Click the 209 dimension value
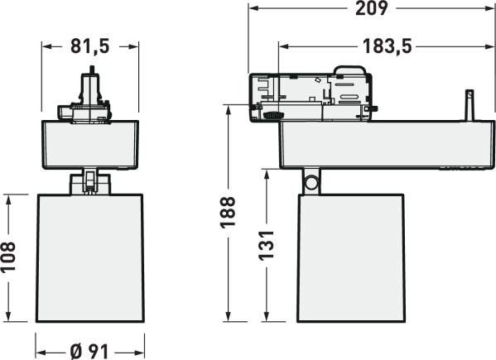(371, 8)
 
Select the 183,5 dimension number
(388, 46)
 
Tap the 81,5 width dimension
(89, 46)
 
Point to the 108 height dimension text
(8, 257)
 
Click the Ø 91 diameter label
(89, 352)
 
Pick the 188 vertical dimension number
(228, 213)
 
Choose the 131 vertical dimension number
(267, 246)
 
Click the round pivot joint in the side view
(311, 182)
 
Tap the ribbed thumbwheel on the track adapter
(273, 115)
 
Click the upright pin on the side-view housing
(470, 105)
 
